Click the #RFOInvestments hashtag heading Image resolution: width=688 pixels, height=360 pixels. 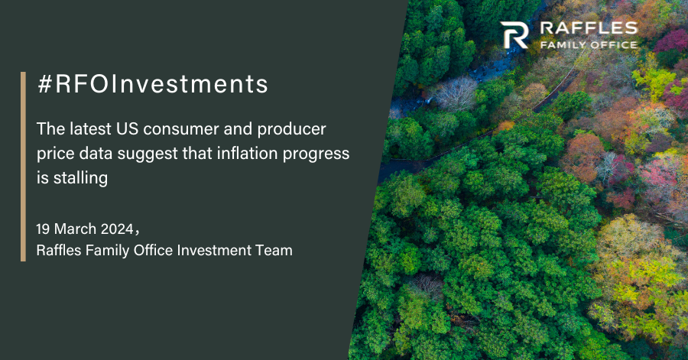click(x=153, y=84)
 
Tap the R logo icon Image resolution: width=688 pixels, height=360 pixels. click(x=514, y=34)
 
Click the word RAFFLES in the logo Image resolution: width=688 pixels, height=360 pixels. click(x=589, y=28)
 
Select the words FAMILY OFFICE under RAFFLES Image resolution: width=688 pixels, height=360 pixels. click(x=589, y=45)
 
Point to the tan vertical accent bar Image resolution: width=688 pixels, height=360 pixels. click(x=23, y=167)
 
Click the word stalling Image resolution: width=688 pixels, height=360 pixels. click(x=80, y=178)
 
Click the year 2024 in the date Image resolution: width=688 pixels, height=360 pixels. click(x=117, y=229)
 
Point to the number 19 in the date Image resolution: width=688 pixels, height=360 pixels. click(x=43, y=229)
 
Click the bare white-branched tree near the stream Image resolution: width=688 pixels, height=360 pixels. click(x=456, y=93)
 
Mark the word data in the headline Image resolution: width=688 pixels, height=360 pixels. click(x=96, y=154)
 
